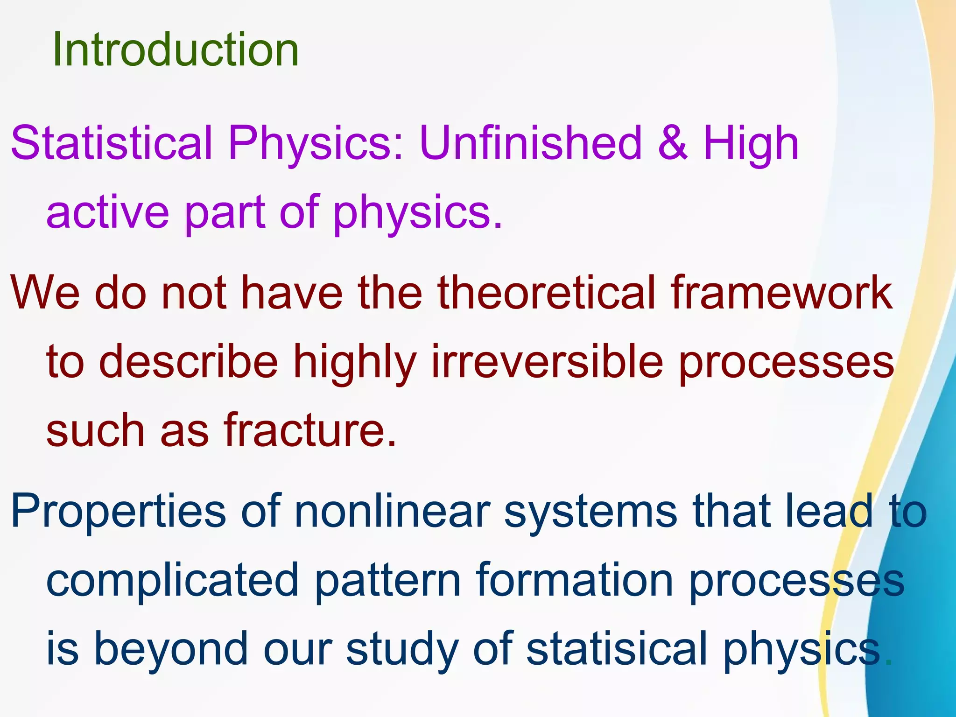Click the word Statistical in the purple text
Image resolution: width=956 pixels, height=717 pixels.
point(111,143)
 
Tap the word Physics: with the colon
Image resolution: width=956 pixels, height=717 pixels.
point(316,143)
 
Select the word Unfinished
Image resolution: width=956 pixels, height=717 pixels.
point(530,143)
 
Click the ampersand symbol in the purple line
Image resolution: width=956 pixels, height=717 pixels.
point(672,143)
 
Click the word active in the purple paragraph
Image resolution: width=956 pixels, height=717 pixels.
point(107,212)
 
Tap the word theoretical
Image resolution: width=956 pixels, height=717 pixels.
point(547,292)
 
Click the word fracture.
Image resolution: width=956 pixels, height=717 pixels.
point(309,430)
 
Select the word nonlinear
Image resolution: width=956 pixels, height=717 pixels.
point(393,511)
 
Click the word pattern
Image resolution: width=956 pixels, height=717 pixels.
point(388,581)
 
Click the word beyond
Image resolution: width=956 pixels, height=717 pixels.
point(171,649)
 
